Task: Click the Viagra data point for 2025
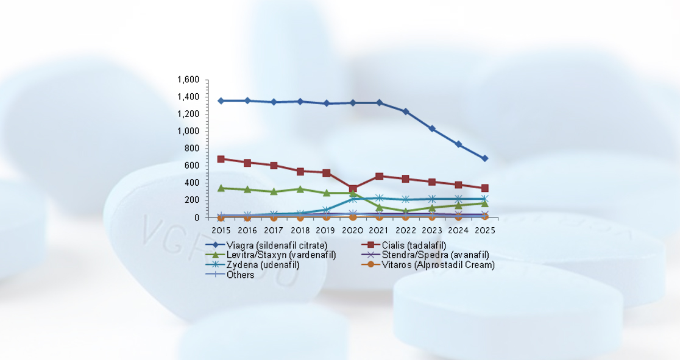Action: (x=484, y=158)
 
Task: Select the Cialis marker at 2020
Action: (x=353, y=189)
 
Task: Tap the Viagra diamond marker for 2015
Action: (x=221, y=101)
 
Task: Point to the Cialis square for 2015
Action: (x=221, y=159)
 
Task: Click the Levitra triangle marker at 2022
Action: (x=405, y=211)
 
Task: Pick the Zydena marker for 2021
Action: (x=379, y=198)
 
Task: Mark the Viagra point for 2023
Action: (x=432, y=129)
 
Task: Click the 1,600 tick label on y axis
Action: (x=188, y=80)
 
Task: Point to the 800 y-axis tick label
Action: (x=192, y=149)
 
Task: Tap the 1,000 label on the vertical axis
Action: (x=188, y=131)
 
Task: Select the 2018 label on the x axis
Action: (x=300, y=230)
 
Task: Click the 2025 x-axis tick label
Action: (x=484, y=230)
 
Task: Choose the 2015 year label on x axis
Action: (x=221, y=230)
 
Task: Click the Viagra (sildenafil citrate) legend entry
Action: (x=277, y=245)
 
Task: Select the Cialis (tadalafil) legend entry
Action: (x=414, y=245)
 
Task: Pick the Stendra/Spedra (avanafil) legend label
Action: (x=435, y=255)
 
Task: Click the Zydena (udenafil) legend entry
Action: (x=263, y=264)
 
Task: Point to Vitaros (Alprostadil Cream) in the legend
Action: (x=438, y=264)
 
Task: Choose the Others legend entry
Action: (x=240, y=275)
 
